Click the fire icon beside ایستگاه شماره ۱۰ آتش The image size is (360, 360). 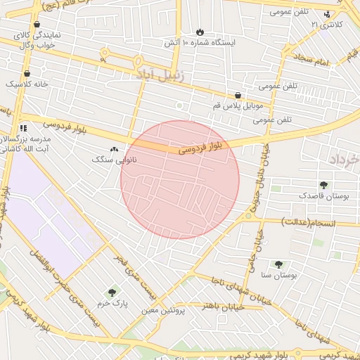tap(200, 32)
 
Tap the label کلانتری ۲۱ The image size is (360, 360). tap(328, 25)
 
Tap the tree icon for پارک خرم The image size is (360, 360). tap(111, 292)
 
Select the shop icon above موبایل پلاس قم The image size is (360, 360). tap(238, 95)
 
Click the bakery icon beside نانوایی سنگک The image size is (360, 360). tap(114, 149)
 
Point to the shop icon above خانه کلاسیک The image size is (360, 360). tap(27, 73)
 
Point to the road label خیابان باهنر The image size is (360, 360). tap(222, 307)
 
